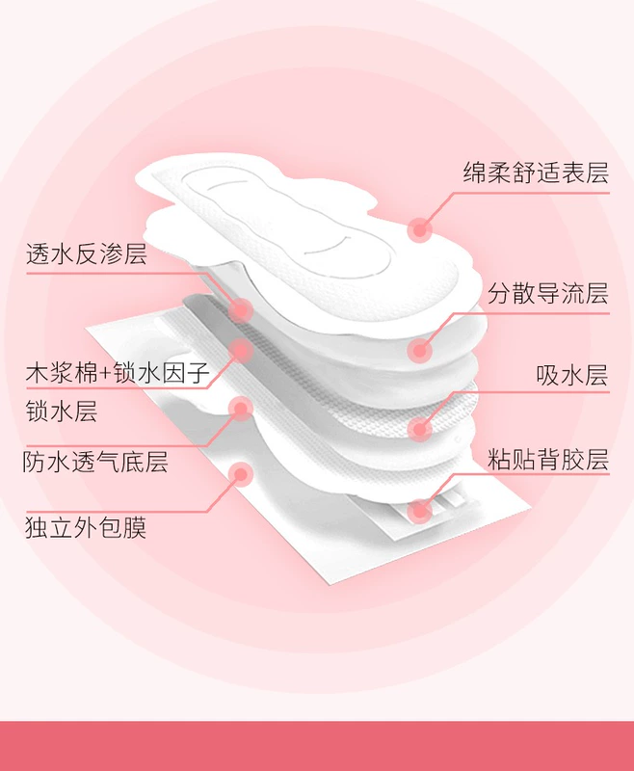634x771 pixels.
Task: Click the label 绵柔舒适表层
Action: click(x=536, y=173)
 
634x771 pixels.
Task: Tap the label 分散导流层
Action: click(x=548, y=294)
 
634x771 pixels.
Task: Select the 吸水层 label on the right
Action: click(x=572, y=375)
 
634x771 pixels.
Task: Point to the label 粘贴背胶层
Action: click(x=548, y=460)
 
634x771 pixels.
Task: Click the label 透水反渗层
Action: click(x=87, y=254)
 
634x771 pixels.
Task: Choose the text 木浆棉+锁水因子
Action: click(x=118, y=373)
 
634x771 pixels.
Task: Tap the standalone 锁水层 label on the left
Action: click(x=62, y=412)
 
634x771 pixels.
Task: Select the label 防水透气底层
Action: click(x=95, y=462)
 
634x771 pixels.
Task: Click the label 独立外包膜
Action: click(x=86, y=527)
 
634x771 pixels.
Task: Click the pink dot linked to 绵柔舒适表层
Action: click(x=420, y=229)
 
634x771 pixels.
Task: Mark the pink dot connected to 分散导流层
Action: click(x=420, y=351)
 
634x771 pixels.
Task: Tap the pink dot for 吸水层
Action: click(x=420, y=429)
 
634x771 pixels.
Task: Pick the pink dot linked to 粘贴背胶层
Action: click(x=420, y=511)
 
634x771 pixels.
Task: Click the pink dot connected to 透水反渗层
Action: click(x=241, y=310)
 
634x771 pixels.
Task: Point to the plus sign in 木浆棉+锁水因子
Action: click(x=106, y=374)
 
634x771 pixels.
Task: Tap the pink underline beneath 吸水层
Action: click(x=531, y=392)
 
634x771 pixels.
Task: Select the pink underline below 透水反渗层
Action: click(x=116, y=273)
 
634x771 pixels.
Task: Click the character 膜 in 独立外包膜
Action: click(x=135, y=527)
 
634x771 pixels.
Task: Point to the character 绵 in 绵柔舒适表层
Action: click(x=475, y=173)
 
